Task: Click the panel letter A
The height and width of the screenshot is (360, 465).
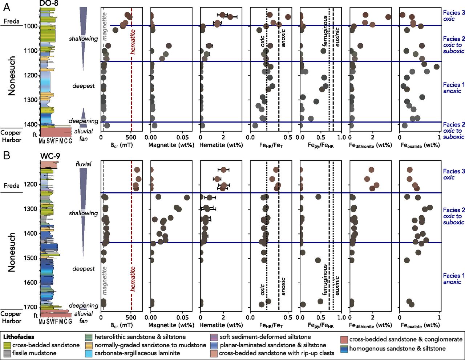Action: click(7, 7)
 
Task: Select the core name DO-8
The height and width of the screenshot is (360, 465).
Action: click(49, 4)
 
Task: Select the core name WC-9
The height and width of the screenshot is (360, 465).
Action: click(50, 156)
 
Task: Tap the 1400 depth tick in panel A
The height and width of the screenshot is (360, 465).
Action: click(31, 124)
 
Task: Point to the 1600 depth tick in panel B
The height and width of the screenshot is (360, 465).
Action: click(31, 282)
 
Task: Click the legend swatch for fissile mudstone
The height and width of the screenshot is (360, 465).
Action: click(7, 353)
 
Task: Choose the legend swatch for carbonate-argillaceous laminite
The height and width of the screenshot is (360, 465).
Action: click(89, 353)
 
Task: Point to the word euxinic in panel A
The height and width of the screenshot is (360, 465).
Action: click(337, 37)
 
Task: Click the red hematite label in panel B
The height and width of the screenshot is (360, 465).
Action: click(133, 279)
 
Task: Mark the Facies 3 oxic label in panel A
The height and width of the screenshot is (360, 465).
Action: click(453, 16)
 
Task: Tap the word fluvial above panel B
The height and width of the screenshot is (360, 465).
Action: click(84, 164)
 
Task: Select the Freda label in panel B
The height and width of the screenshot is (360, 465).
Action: click(11, 185)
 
